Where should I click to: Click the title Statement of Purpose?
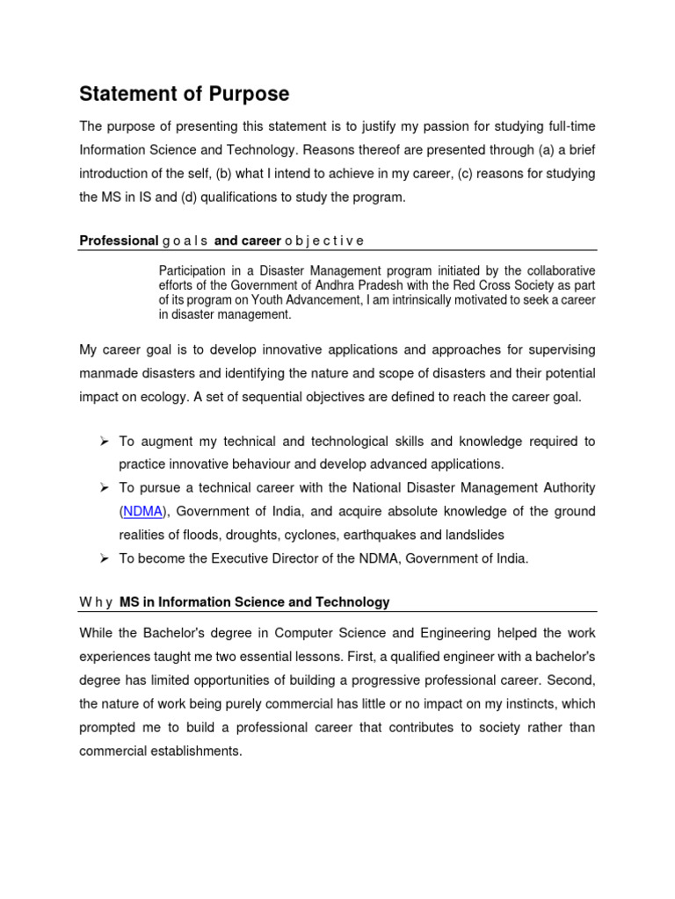(x=184, y=94)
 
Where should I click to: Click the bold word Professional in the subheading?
(x=119, y=240)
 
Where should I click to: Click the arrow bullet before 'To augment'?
(x=103, y=441)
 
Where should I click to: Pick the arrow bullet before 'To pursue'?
(x=103, y=487)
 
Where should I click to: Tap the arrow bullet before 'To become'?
(x=103, y=558)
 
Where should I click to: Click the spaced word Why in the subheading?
(x=95, y=602)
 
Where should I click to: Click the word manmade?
(x=110, y=373)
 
